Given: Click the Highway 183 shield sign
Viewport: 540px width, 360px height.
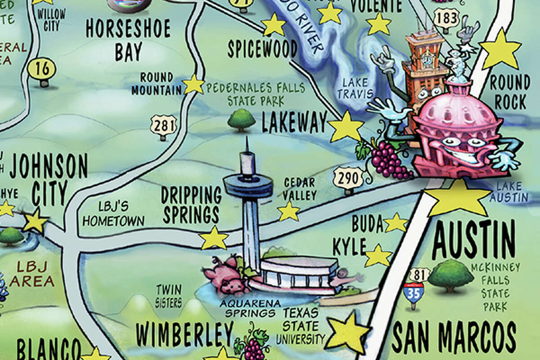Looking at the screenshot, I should (x=446, y=19).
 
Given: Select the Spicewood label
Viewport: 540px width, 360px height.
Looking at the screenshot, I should (x=262, y=49).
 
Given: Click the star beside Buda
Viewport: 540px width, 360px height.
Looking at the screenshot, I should (x=396, y=223).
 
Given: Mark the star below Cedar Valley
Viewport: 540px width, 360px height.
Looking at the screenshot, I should (x=288, y=211).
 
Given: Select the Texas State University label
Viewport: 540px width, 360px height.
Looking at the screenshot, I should (x=301, y=325).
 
